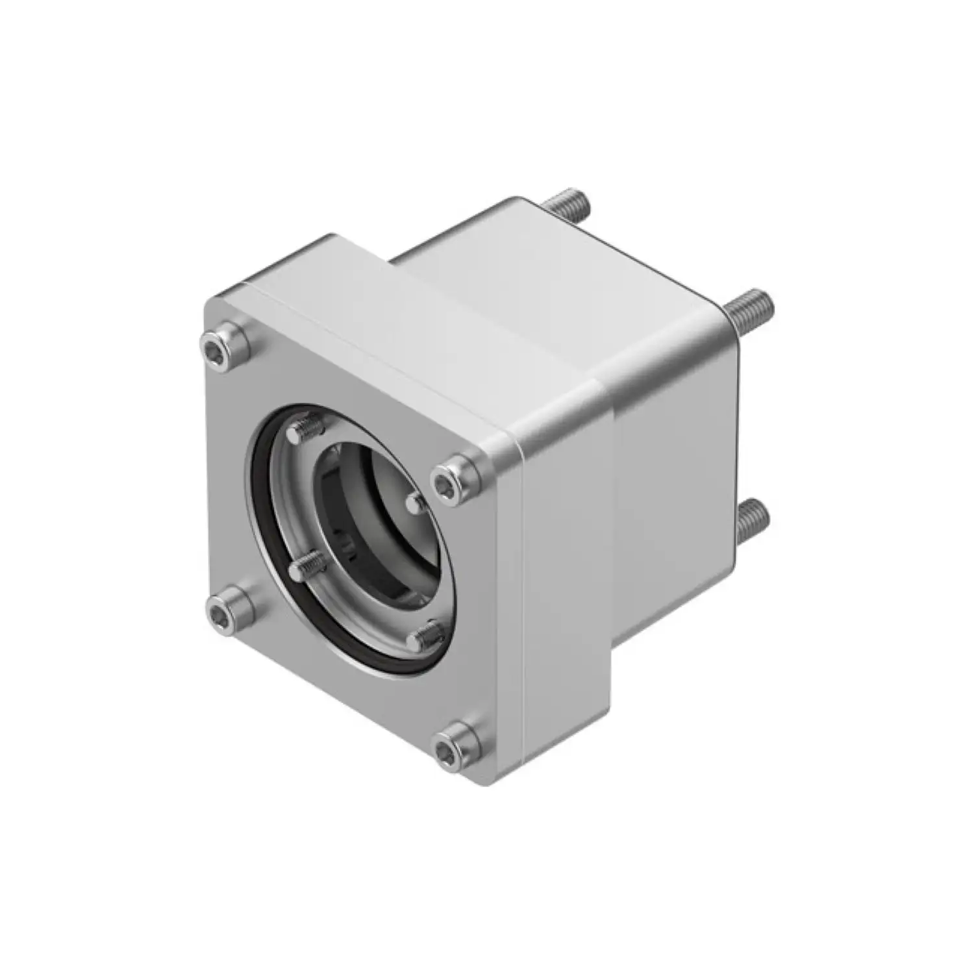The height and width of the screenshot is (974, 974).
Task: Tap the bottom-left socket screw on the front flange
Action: click(x=229, y=608)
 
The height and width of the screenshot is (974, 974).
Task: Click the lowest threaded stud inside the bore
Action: click(x=425, y=634)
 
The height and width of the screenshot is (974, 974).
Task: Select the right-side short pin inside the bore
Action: click(x=415, y=501)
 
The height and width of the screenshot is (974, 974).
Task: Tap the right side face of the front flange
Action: click(x=565, y=584)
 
